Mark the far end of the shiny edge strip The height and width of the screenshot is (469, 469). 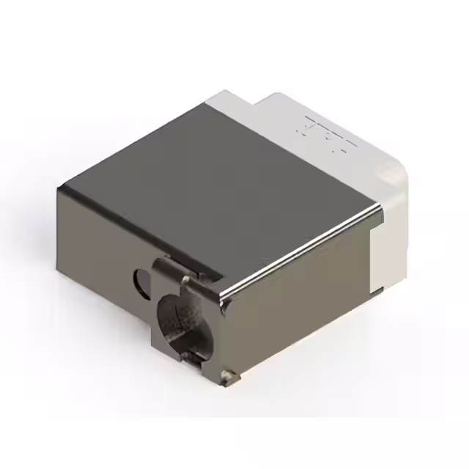pos(378,209)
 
